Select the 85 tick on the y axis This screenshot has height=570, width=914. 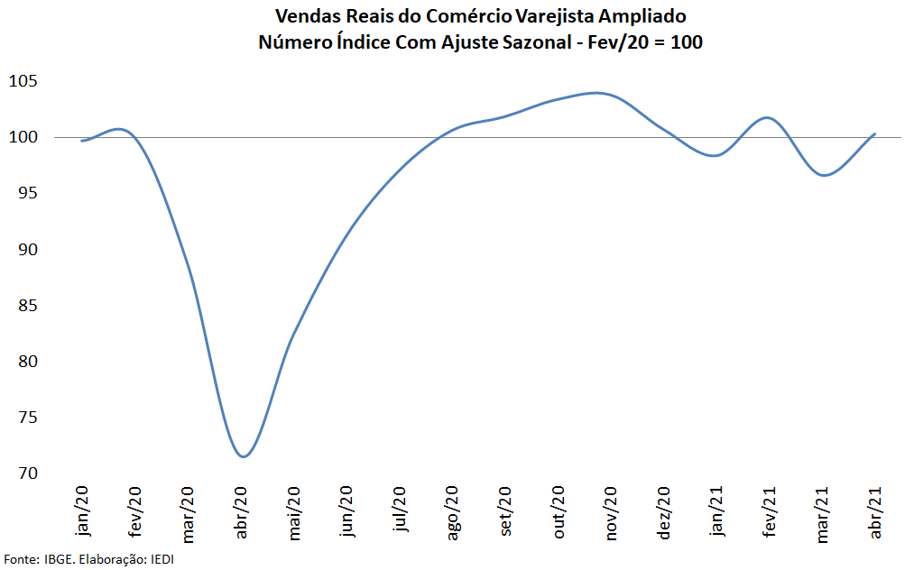(x=27, y=306)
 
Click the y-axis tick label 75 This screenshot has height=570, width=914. (x=27, y=418)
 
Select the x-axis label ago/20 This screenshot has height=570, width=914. (x=452, y=512)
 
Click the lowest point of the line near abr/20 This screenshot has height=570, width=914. (x=243, y=456)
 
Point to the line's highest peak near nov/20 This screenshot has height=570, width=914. (x=595, y=92)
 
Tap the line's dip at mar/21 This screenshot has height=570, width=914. (x=825, y=175)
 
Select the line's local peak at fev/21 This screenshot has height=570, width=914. (x=767, y=117)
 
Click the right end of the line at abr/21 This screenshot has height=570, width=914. (x=874, y=133)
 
